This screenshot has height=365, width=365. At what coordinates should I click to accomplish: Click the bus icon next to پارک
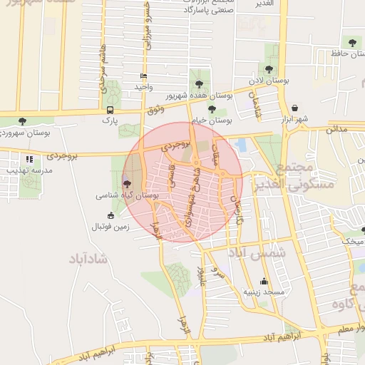[110, 110]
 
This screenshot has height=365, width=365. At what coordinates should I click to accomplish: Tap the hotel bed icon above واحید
[144, 76]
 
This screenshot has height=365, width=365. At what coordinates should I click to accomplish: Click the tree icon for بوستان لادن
[268, 70]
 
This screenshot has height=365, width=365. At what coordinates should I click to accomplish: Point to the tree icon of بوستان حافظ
[352, 42]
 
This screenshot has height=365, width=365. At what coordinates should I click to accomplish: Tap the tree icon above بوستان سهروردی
[23, 121]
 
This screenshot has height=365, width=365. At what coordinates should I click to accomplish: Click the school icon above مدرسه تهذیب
[29, 160]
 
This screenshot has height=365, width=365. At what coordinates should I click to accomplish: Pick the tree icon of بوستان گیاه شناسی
[127, 183]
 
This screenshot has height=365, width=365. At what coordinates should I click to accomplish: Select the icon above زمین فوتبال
[110, 216]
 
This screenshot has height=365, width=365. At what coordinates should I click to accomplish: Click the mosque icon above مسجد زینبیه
[264, 281]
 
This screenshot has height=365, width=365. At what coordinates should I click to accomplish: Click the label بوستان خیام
[215, 120]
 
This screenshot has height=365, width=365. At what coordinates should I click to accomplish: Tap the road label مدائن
[336, 129]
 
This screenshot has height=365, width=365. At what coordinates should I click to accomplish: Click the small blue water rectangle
[241, 145]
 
